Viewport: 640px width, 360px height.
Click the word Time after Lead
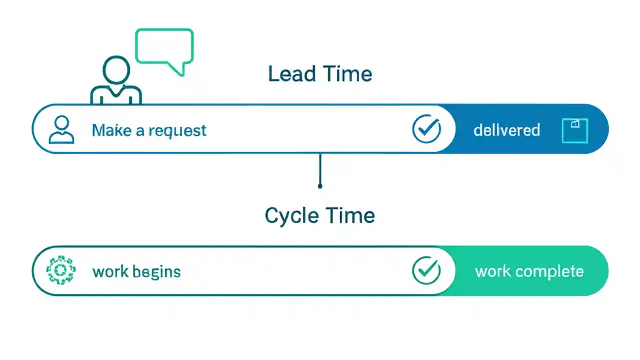[x=347, y=74]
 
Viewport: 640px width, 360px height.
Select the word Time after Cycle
[x=349, y=216]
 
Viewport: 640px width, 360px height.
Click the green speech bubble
[x=164, y=48]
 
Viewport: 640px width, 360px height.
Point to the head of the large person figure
[x=116, y=70]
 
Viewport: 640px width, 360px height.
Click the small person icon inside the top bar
[x=61, y=130]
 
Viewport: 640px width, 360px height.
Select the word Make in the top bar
[x=111, y=131]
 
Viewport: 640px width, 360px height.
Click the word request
[x=177, y=131]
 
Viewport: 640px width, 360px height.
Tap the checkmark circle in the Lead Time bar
[x=426, y=129]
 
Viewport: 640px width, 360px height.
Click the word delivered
[x=507, y=131]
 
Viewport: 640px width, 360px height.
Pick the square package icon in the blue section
[x=575, y=131]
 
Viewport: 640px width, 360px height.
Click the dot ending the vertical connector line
[x=320, y=186]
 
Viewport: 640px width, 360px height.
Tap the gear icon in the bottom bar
[x=61, y=270]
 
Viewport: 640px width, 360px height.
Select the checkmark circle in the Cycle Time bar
[x=426, y=270]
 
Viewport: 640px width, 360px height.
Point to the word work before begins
[x=110, y=272]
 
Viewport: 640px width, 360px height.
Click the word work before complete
[x=493, y=272]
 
